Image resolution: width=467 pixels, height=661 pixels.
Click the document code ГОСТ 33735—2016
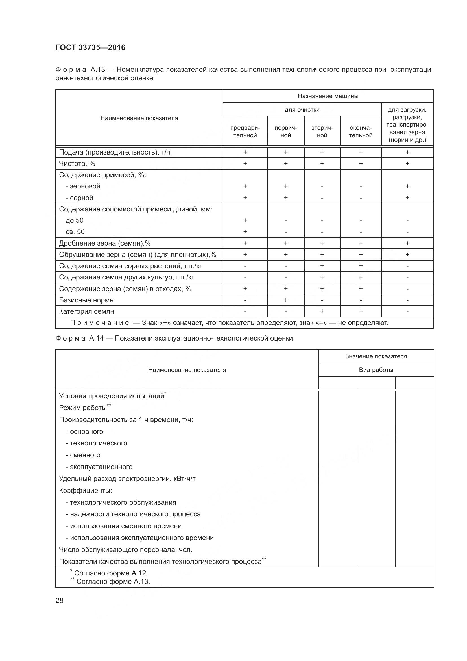(90, 47)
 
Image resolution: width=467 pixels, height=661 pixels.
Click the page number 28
(59, 600)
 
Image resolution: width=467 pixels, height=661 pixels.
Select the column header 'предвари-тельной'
(245, 132)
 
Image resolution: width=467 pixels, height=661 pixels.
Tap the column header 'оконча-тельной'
(360, 132)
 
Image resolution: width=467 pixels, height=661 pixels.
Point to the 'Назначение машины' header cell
(328, 96)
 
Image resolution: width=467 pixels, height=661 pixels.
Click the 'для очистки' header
(302, 110)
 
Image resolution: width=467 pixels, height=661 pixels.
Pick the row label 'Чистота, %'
(77, 164)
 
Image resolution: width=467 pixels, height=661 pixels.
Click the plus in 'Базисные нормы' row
(285, 300)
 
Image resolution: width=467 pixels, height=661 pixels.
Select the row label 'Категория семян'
(87, 311)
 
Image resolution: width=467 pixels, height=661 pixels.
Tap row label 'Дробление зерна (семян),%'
(105, 243)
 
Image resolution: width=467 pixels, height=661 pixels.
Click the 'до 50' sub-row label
(75, 220)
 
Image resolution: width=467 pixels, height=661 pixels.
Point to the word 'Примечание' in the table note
(99, 323)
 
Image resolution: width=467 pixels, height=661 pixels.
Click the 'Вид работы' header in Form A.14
(376, 370)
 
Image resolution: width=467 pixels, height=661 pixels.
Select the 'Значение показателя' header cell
(376, 356)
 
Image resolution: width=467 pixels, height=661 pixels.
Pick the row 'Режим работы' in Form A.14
(83, 408)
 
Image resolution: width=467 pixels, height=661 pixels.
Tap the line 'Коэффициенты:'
(85, 490)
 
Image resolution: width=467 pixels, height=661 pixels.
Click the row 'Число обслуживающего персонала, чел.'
(125, 550)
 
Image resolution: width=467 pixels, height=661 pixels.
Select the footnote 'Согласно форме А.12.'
(111, 573)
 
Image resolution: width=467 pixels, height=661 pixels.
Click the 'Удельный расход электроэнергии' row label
(127, 478)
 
